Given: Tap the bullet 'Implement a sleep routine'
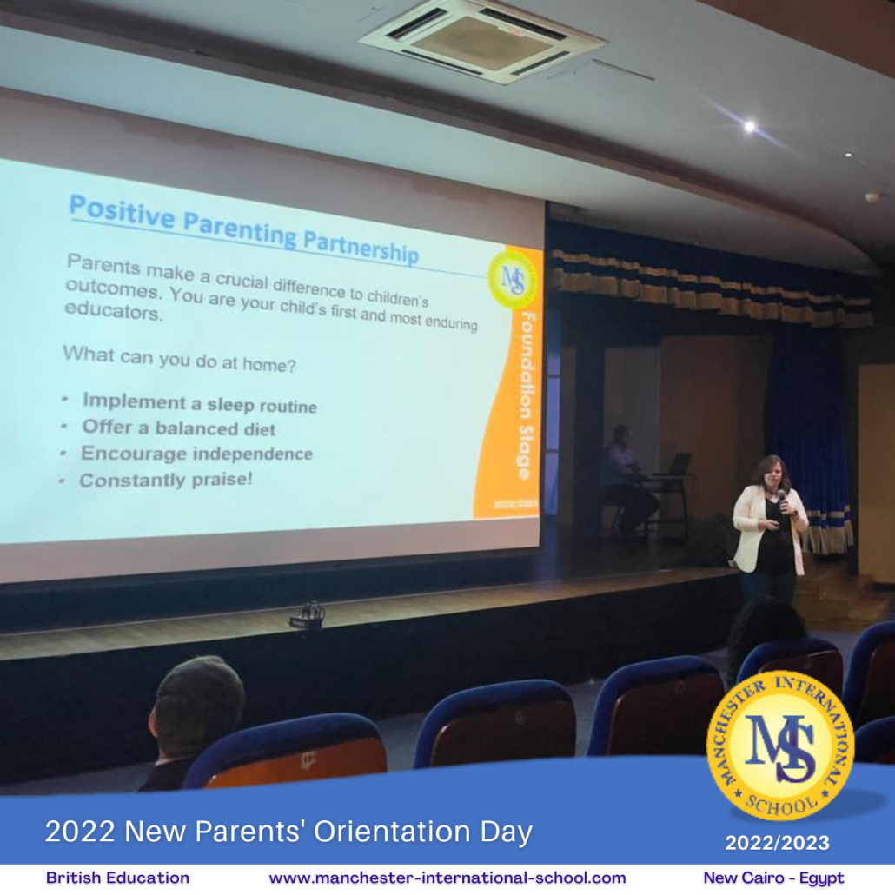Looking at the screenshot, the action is [200, 403].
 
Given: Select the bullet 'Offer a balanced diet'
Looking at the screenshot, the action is [179, 428].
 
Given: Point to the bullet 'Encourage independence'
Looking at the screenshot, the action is [197, 454].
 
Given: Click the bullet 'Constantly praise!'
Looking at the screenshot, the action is [165, 480].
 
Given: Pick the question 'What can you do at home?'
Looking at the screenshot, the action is [179, 359].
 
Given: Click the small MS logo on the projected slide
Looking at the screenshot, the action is [512, 279].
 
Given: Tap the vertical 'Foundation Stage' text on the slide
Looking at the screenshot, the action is [527, 395].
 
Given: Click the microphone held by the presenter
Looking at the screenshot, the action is [783, 500].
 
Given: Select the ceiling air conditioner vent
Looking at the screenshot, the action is [481, 40].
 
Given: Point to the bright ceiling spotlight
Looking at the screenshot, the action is [749, 126].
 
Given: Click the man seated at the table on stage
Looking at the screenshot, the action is [626, 481].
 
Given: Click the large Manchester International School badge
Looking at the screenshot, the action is [780, 746].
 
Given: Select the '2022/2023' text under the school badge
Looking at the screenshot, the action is [777, 843].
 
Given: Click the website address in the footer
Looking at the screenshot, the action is [447, 878].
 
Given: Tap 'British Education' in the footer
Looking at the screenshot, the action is [117, 878].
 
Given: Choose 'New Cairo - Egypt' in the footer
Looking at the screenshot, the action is [773, 878].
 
